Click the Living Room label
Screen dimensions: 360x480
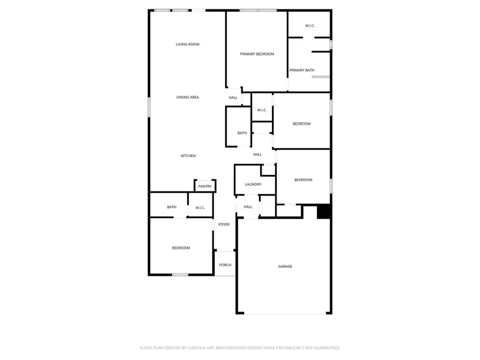187,44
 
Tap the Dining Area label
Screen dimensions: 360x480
188,97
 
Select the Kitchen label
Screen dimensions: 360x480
188,156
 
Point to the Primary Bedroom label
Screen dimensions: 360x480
257,54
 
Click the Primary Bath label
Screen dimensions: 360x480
302,70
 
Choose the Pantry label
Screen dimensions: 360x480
205,186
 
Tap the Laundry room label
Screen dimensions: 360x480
253,185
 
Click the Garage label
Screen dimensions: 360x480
285,266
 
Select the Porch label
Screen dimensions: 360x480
225,265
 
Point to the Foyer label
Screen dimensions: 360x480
224,225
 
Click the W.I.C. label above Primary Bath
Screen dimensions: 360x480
310,26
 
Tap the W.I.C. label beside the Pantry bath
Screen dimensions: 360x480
201,207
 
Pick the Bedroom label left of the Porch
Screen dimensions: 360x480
181,248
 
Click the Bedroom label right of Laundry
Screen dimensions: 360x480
303,180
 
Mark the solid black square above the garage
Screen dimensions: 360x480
324,212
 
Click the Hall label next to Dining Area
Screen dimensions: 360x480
233,98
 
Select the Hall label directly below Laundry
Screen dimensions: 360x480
248,207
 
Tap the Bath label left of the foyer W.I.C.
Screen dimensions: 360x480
172,207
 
